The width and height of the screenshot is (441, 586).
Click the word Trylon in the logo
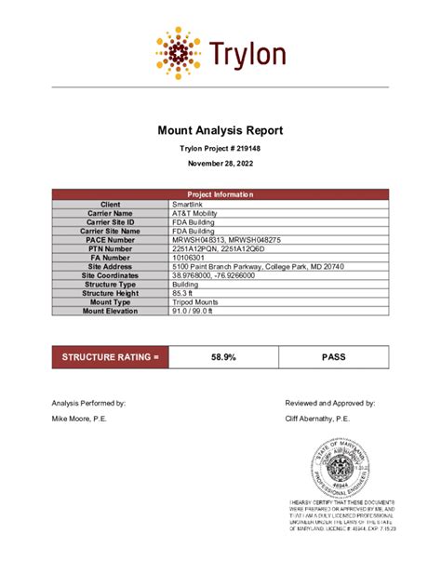pos(247,54)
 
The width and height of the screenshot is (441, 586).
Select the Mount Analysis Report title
pos(220,131)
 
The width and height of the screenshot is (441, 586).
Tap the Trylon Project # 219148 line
pos(220,149)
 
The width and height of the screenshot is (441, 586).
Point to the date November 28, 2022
pos(220,164)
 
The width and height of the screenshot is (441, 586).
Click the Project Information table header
pos(220,194)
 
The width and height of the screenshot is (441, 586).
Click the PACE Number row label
pos(111,240)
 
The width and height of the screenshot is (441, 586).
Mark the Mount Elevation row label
pos(111,312)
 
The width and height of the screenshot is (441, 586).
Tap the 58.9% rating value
pos(223,356)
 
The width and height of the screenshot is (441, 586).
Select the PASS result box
pos(333,356)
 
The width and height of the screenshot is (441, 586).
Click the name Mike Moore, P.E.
pos(81,420)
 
